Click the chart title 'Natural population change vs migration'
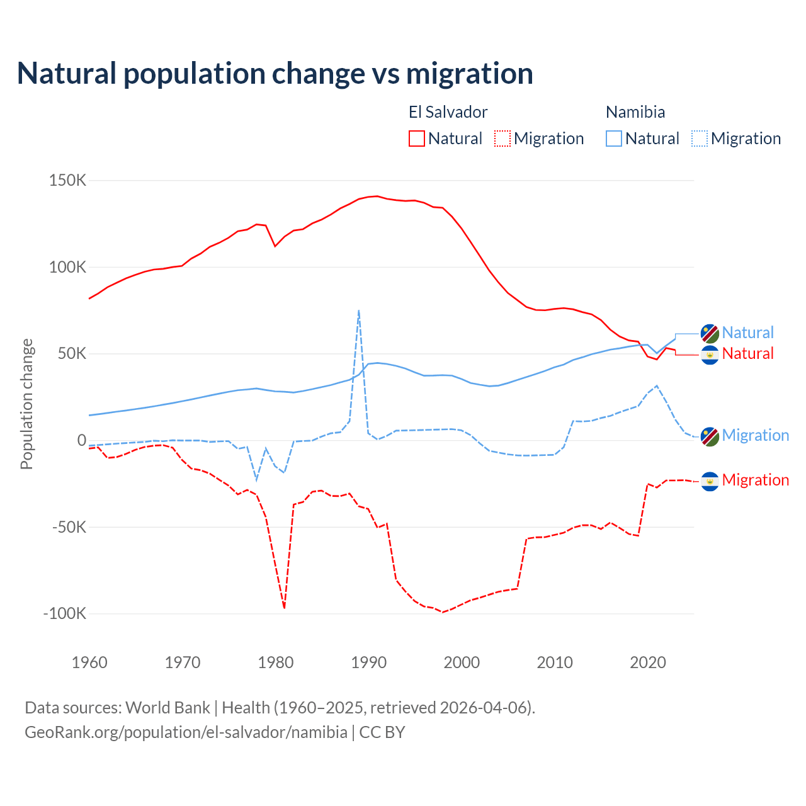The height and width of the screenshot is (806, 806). point(275,74)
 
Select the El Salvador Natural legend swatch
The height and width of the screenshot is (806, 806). point(416,139)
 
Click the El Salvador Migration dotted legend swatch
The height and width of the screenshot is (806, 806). point(502,139)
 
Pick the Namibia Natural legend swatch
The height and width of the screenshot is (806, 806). point(613,139)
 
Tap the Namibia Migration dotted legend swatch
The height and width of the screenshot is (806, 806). point(699,139)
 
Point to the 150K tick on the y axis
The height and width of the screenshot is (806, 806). point(67,181)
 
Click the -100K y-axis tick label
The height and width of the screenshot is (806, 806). point(64,613)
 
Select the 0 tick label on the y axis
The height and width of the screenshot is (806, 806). point(81,440)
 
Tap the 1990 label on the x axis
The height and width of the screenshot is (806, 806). point(368,662)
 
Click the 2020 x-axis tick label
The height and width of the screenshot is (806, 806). point(648,662)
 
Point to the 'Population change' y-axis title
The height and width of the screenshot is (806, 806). point(26,404)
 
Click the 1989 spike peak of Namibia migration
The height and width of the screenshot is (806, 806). point(358,310)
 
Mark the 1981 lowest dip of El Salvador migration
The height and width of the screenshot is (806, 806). point(285,608)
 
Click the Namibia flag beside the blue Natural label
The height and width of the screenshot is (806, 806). point(710,333)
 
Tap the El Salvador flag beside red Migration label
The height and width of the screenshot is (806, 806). point(710,481)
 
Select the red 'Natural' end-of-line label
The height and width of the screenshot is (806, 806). point(747,354)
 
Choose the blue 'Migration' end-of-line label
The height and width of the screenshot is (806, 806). point(755,435)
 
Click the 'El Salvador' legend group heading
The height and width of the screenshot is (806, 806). point(448,112)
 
